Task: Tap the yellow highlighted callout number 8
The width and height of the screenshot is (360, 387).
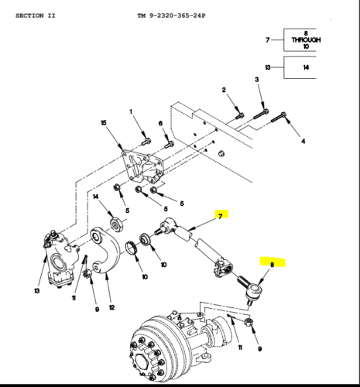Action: pyautogui.click(x=271, y=264)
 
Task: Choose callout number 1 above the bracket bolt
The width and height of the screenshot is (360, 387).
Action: pyautogui.click(x=131, y=113)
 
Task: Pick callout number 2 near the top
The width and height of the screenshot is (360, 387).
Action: pyautogui.click(x=223, y=91)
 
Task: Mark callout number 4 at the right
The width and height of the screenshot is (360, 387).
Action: pyautogui.click(x=303, y=142)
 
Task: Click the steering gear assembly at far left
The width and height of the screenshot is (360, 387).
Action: pyautogui.click(x=60, y=255)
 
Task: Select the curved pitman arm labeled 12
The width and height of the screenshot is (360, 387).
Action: pyautogui.click(x=105, y=252)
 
